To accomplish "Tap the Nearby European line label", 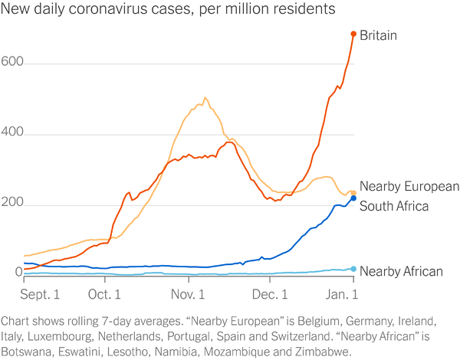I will point(409,186).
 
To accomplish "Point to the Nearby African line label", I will point(401,271).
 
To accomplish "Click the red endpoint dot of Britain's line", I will point(353,34).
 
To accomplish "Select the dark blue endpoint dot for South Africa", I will point(353,198).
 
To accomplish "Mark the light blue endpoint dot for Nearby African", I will point(353,269).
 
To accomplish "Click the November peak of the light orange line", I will point(205,98).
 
